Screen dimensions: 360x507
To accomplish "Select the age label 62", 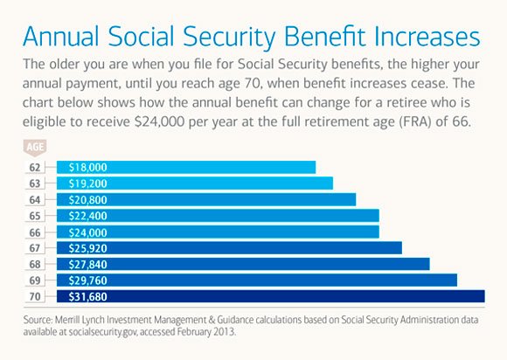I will (x=33, y=167).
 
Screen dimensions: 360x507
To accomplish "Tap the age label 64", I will (x=33, y=199).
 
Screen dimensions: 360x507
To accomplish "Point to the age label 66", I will (x=33, y=232).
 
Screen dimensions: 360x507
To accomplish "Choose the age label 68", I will (x=33, y=264).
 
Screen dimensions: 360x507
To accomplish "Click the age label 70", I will (x=33, y=296).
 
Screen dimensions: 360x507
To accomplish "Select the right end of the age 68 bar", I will (x=427, y=264).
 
